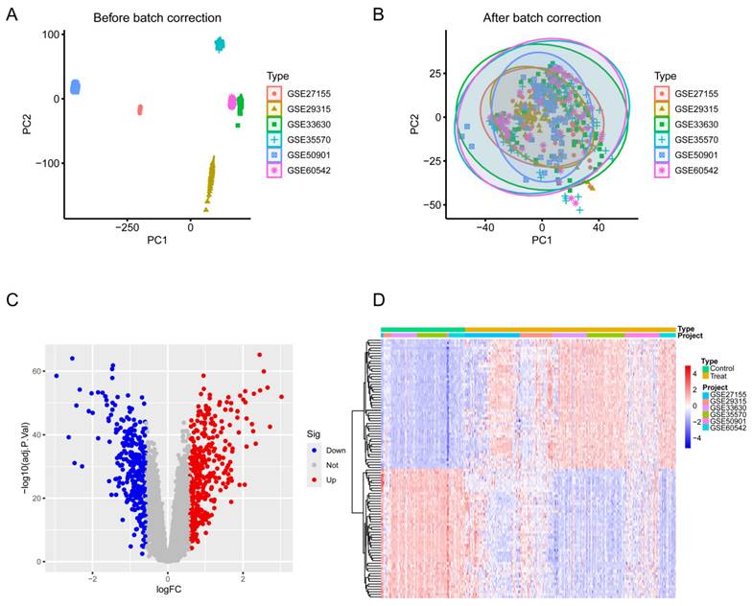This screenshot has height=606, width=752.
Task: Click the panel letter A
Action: click(x=12, y=14)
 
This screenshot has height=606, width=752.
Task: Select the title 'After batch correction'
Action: click(x=541, y=18)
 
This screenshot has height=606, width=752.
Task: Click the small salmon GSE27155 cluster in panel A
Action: click(x=140, y=109)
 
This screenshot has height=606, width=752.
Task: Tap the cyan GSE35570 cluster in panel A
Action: click(x=220, y=44)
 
